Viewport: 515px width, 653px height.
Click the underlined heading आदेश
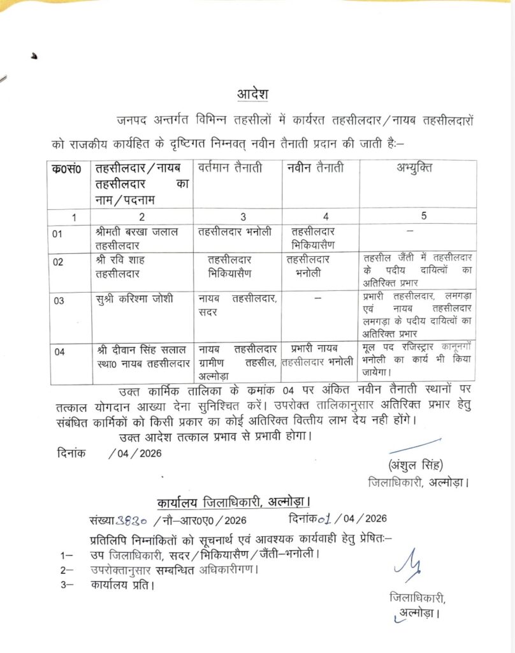click(252, 94)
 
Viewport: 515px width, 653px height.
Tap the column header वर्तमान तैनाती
click(235, 169)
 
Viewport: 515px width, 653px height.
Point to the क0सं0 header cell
click(67, 170)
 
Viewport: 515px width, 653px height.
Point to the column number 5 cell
click(424, 216)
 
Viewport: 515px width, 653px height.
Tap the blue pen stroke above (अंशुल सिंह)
click(416, 444)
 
